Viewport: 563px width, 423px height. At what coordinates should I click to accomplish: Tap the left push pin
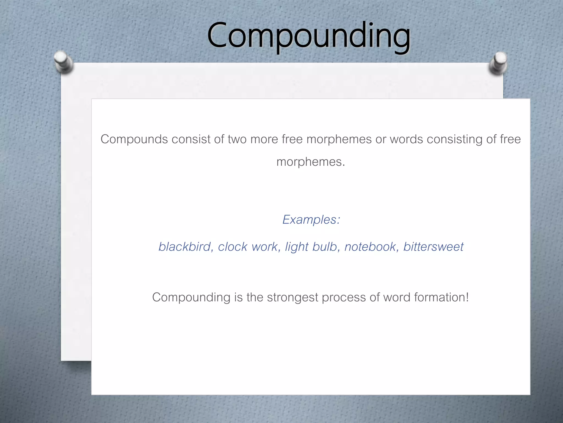pos(63,62)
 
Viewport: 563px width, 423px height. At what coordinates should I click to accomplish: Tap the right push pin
pos(498,63)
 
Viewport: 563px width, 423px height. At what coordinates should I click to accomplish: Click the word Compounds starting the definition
pos(134,139)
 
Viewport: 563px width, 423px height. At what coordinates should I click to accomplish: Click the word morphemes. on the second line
pos(311,162)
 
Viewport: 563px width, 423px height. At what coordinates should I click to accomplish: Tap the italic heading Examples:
pos(311,219)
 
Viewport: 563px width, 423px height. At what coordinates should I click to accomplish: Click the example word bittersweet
pos(433,247)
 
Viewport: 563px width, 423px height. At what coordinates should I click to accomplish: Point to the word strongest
pos(292,297)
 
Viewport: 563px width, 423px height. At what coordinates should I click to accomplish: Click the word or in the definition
pos(381,139)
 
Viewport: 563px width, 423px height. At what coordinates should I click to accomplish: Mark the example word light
pos(297,247)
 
